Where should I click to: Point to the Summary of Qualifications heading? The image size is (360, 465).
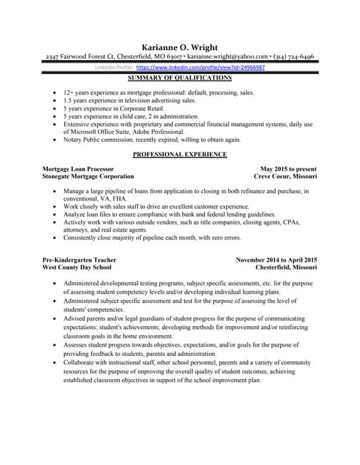(180, 77)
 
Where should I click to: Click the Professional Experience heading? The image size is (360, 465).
(180, 155)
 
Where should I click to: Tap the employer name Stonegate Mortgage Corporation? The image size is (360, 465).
(88, 177)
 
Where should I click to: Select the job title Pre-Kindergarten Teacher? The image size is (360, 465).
(80, 259)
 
